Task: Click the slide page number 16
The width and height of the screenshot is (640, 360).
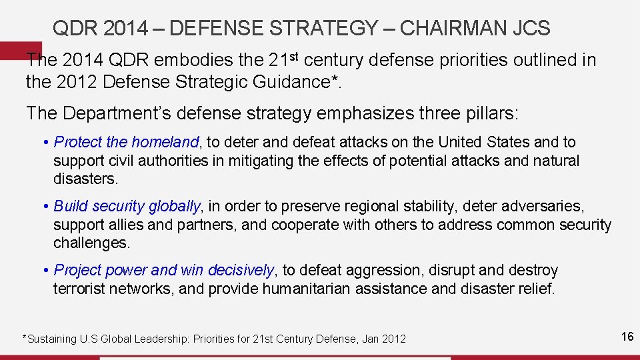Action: (627, 337)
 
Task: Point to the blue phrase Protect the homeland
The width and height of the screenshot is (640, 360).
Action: (126, 142)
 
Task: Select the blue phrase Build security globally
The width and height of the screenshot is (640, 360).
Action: (127, 206)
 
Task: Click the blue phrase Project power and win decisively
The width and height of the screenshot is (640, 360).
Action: (163, 270)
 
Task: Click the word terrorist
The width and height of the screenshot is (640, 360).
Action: (81, 289)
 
